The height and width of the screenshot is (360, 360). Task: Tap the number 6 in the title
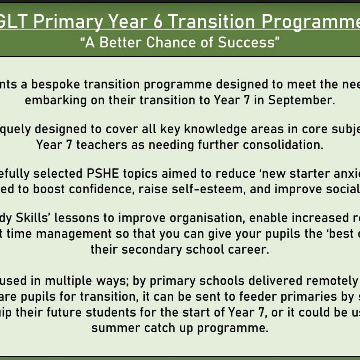pos(157,22)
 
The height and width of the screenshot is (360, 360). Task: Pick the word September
pos(301,100)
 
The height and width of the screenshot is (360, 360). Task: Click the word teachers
pos(102,145)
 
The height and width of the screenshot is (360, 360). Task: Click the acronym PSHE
pos(103,174)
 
